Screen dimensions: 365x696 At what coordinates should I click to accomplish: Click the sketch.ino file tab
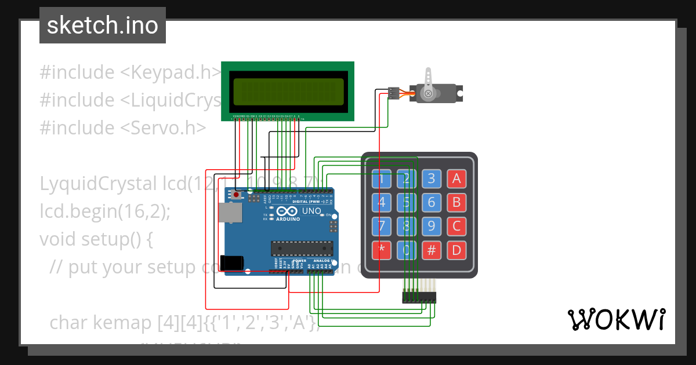pos(102,25)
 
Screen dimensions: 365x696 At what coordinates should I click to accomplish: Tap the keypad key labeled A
pos(456,178)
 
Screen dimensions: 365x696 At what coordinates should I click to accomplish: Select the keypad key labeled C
pos(456,226)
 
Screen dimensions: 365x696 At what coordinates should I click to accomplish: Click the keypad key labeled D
pos(456,250)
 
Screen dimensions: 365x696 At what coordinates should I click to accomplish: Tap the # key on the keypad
pos(432,250)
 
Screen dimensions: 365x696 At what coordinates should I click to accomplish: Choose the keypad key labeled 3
pos(432,178)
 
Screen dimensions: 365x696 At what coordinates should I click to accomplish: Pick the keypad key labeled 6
pos(432,202)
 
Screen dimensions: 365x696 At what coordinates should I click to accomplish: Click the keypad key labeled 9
pos(432,226)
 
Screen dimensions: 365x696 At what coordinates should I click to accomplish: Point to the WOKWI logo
pos(616,319)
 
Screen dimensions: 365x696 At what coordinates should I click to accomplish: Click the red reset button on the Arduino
pos(235,195)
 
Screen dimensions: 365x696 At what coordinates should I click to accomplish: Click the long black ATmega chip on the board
pos(302,248)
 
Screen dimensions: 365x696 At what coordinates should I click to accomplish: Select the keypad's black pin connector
pos(419,297)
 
